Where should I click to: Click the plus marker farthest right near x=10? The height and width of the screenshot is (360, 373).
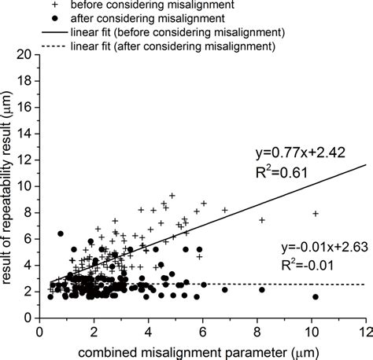point(316,213)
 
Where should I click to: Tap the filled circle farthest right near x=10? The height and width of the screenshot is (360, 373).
point(316,297)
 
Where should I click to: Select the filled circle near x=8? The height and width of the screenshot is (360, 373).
point(262,290)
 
